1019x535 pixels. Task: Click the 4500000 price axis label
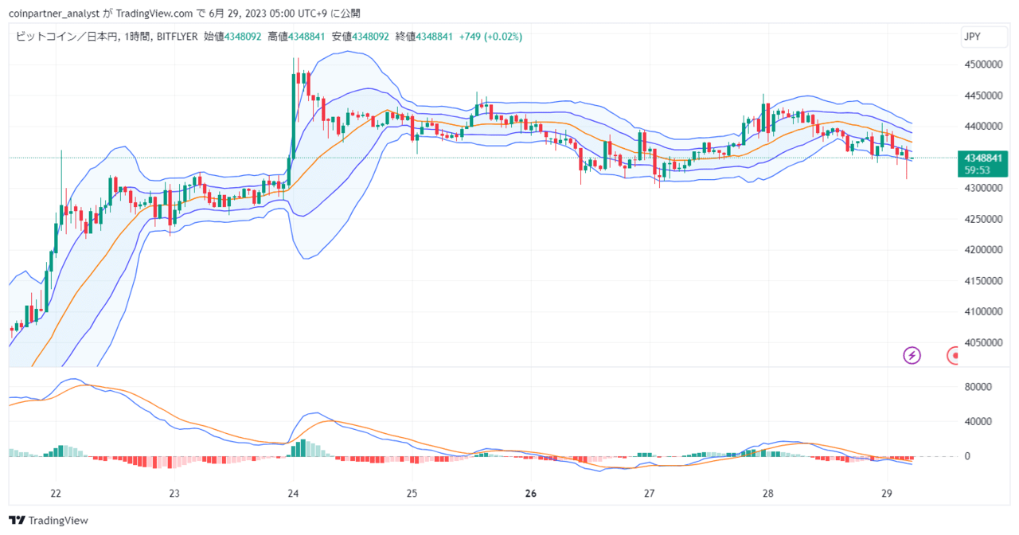(983, 64)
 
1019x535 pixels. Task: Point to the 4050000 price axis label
(983, 342)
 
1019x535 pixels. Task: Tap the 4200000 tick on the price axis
(983, 250)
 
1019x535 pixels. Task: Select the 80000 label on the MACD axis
(978, 387)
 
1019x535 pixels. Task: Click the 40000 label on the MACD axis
(978, 422)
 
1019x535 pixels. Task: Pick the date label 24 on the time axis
(294, 494)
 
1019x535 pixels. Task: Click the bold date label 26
(531, 494)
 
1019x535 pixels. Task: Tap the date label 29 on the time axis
(887, 494)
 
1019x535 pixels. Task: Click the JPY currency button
(984, 37)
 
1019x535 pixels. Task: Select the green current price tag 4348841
(983, 158)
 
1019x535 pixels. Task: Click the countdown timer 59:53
(977, 170)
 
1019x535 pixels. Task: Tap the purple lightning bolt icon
(912, 355)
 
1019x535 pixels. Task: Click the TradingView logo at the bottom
(49, 521)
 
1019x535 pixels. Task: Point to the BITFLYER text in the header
(177, 37)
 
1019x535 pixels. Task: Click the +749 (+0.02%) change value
(490, 37)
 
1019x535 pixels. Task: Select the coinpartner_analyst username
(54, 14)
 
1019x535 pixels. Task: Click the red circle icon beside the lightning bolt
(952, 355)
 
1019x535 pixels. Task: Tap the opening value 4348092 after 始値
(243, 37)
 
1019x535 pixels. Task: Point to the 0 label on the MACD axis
(967, 456)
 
